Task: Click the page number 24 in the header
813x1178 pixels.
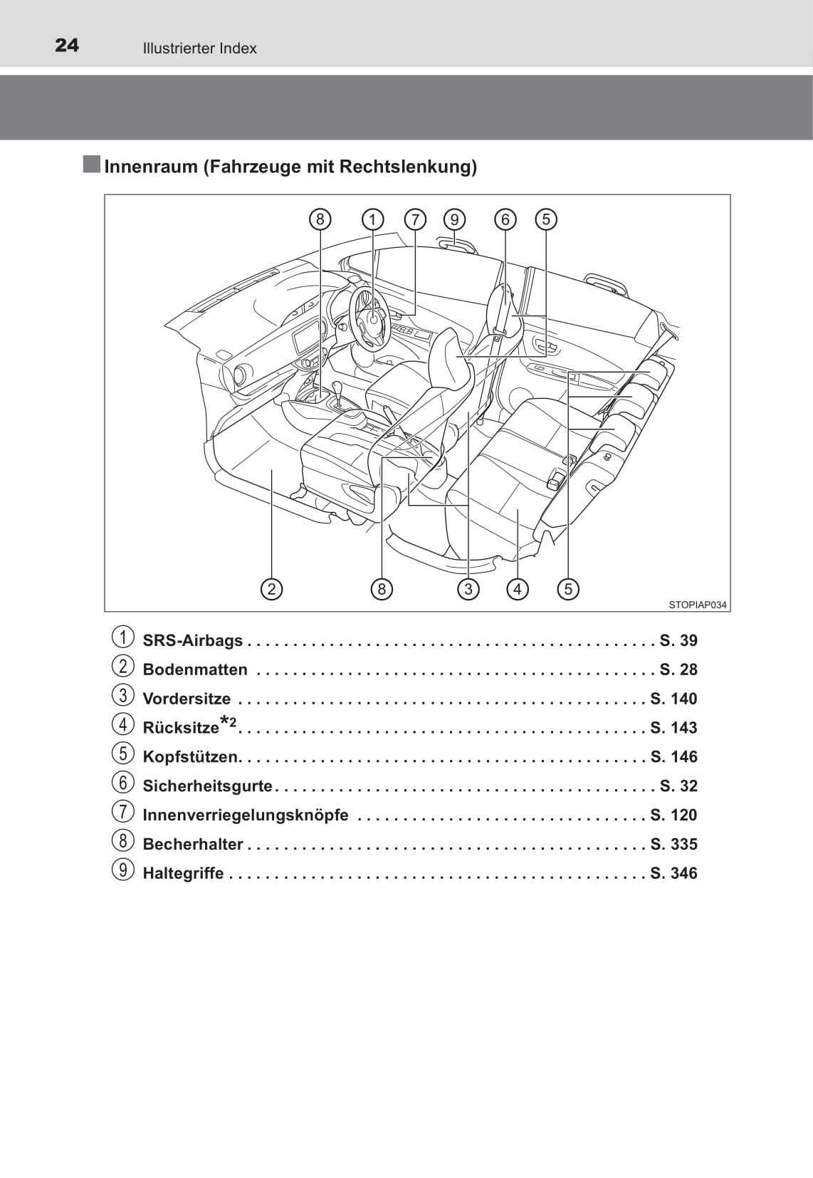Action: point(67,46)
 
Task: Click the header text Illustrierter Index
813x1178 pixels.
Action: point(200,48)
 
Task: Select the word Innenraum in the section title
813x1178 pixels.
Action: point(151,167)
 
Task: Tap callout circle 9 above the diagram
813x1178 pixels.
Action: point(455,219)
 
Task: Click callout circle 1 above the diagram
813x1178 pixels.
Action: point(372,219)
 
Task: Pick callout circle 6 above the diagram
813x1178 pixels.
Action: point(505,219)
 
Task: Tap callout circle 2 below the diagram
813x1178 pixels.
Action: point(271,589)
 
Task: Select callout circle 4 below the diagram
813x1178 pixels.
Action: point(517,589)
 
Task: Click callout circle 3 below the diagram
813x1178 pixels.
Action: point(468,589)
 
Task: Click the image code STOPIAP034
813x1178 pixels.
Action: point(698,605)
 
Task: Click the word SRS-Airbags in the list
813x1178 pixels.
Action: point(192,640)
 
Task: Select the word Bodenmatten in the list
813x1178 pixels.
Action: point(195,669)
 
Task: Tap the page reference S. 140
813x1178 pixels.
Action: point(673,699)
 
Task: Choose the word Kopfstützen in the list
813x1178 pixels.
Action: point(192,757)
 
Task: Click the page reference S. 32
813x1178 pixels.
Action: point(678,786)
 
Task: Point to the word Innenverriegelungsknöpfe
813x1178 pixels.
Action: point(246,815)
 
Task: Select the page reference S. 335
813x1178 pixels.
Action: point(673,844)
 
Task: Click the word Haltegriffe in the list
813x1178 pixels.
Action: point(184,873)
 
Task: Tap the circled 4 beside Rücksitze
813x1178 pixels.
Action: point(122,724)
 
